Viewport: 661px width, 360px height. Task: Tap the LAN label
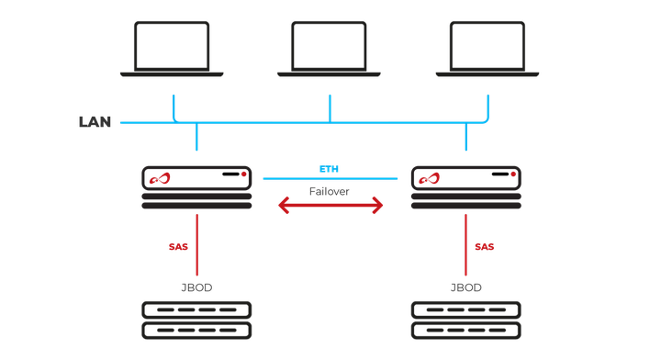pyautogui.click(x=95, y=122)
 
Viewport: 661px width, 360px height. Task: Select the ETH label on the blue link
pyautogui.click(x=330, y=170)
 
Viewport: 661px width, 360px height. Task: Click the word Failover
pyautogui.click(x=330, y=191)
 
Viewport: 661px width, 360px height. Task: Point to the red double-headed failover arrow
pyautogui.click(x=330, y=208)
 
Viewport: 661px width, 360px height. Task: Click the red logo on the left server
pyautogui.click(x=162, y=179)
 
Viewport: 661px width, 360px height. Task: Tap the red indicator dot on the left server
pyautogui.click(x=243, y=173)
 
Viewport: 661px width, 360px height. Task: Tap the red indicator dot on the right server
pyautogui.click(x=513, y=173)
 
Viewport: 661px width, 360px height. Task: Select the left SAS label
pyautogui.click(x=179, y=247)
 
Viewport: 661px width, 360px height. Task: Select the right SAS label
pyautogui.click(x=484, y=247)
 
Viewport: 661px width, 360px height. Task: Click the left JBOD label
pyautogui.click(x=196, y=287)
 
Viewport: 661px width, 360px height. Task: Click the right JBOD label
pyautogui.click(x=465, y=287)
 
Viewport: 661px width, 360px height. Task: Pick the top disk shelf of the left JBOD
pyautogui.click(x=196, y=309)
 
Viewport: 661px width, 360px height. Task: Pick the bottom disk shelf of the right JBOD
pyautogui.click(x=465, y=330)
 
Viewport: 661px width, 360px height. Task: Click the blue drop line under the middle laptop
pyautogui.click(x=330, y=107)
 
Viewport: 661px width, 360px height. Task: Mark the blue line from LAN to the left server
pyautogui.click(x=196, y=138)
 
